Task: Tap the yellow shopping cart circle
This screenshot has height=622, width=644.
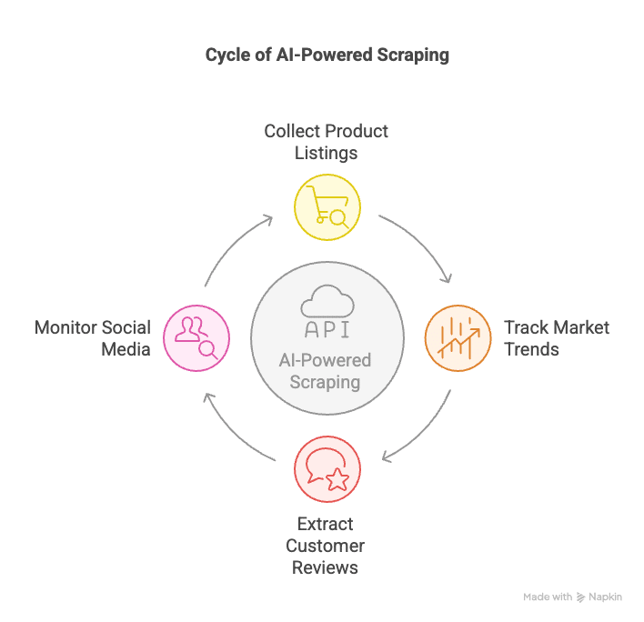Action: (x=327, y=206)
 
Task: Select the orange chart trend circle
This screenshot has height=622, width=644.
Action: (x=458, y=338)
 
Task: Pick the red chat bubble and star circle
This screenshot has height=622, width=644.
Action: (x=327, y=469)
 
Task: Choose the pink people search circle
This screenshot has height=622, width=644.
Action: (x=196, y=338)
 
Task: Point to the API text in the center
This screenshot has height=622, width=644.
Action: (x=327, y=329)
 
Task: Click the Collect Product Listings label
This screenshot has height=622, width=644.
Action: (x=327, y=142)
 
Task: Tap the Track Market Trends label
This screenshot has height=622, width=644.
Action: (x=556, y=338)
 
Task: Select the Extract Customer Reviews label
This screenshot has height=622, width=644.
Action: (x=325, y=546)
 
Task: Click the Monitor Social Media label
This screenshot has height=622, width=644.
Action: (x=93, y=338)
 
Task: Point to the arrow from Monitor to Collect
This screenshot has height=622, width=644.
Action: (x=232, y=246)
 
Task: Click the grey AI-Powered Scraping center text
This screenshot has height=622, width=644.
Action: (x=326, y=371)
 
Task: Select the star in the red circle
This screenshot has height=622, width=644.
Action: (x=337, y=479)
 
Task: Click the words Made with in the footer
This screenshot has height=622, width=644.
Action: (x=548, y=597)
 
